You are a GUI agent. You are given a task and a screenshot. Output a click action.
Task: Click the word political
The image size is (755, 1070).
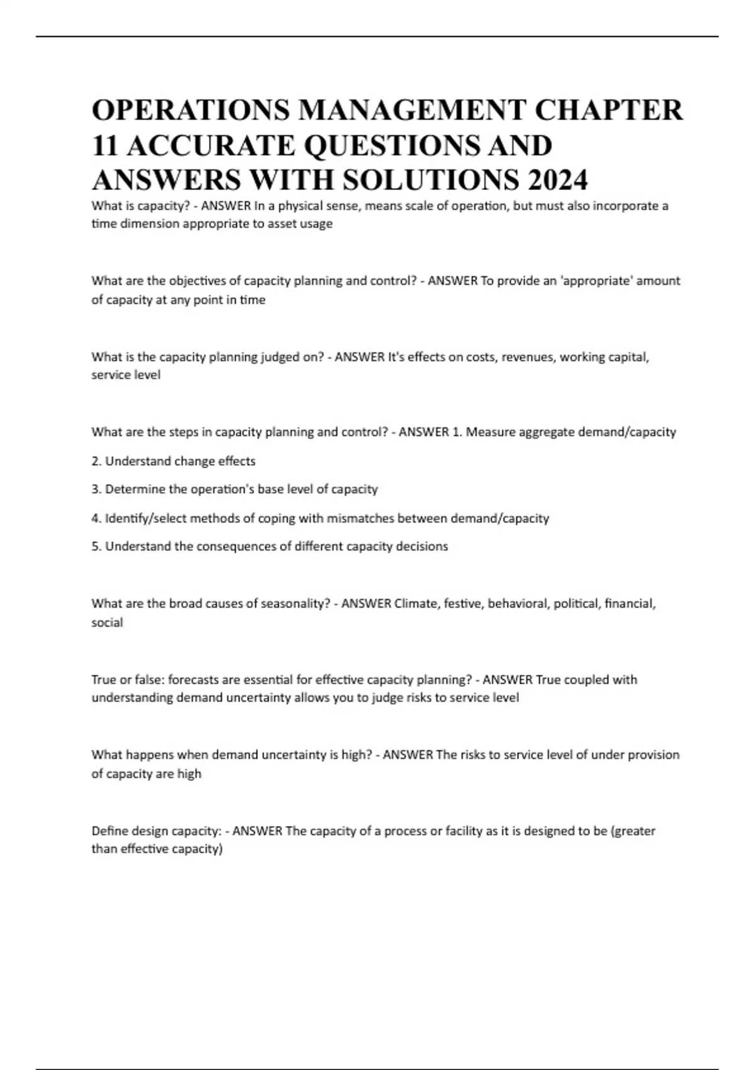pos(576,604)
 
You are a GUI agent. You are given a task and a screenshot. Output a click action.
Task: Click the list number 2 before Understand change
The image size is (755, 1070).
pos(96,461)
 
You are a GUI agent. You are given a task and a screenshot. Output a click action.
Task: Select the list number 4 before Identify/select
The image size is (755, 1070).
pos(96,519)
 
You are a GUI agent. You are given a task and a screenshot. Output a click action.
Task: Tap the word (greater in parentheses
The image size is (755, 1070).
pos(633,831)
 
